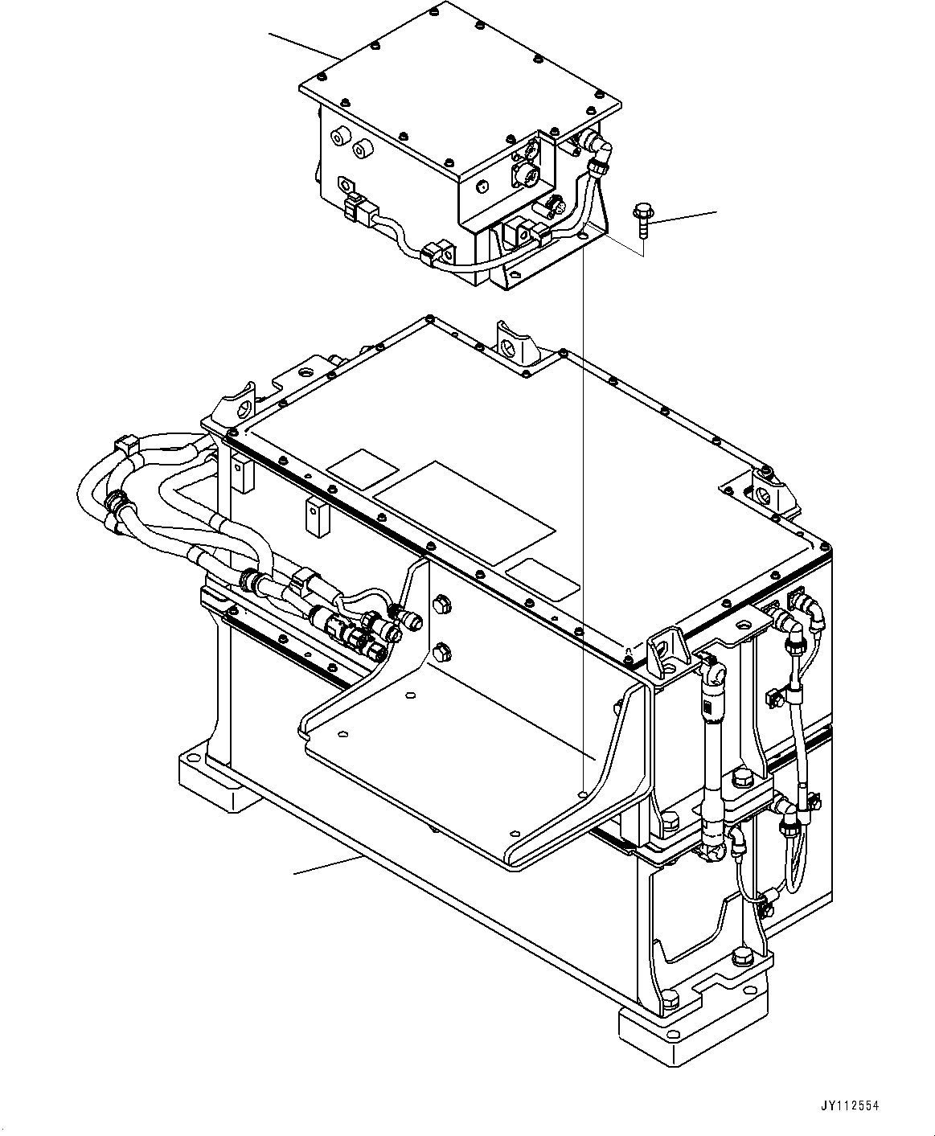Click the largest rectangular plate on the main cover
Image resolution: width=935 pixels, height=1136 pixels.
465,513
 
